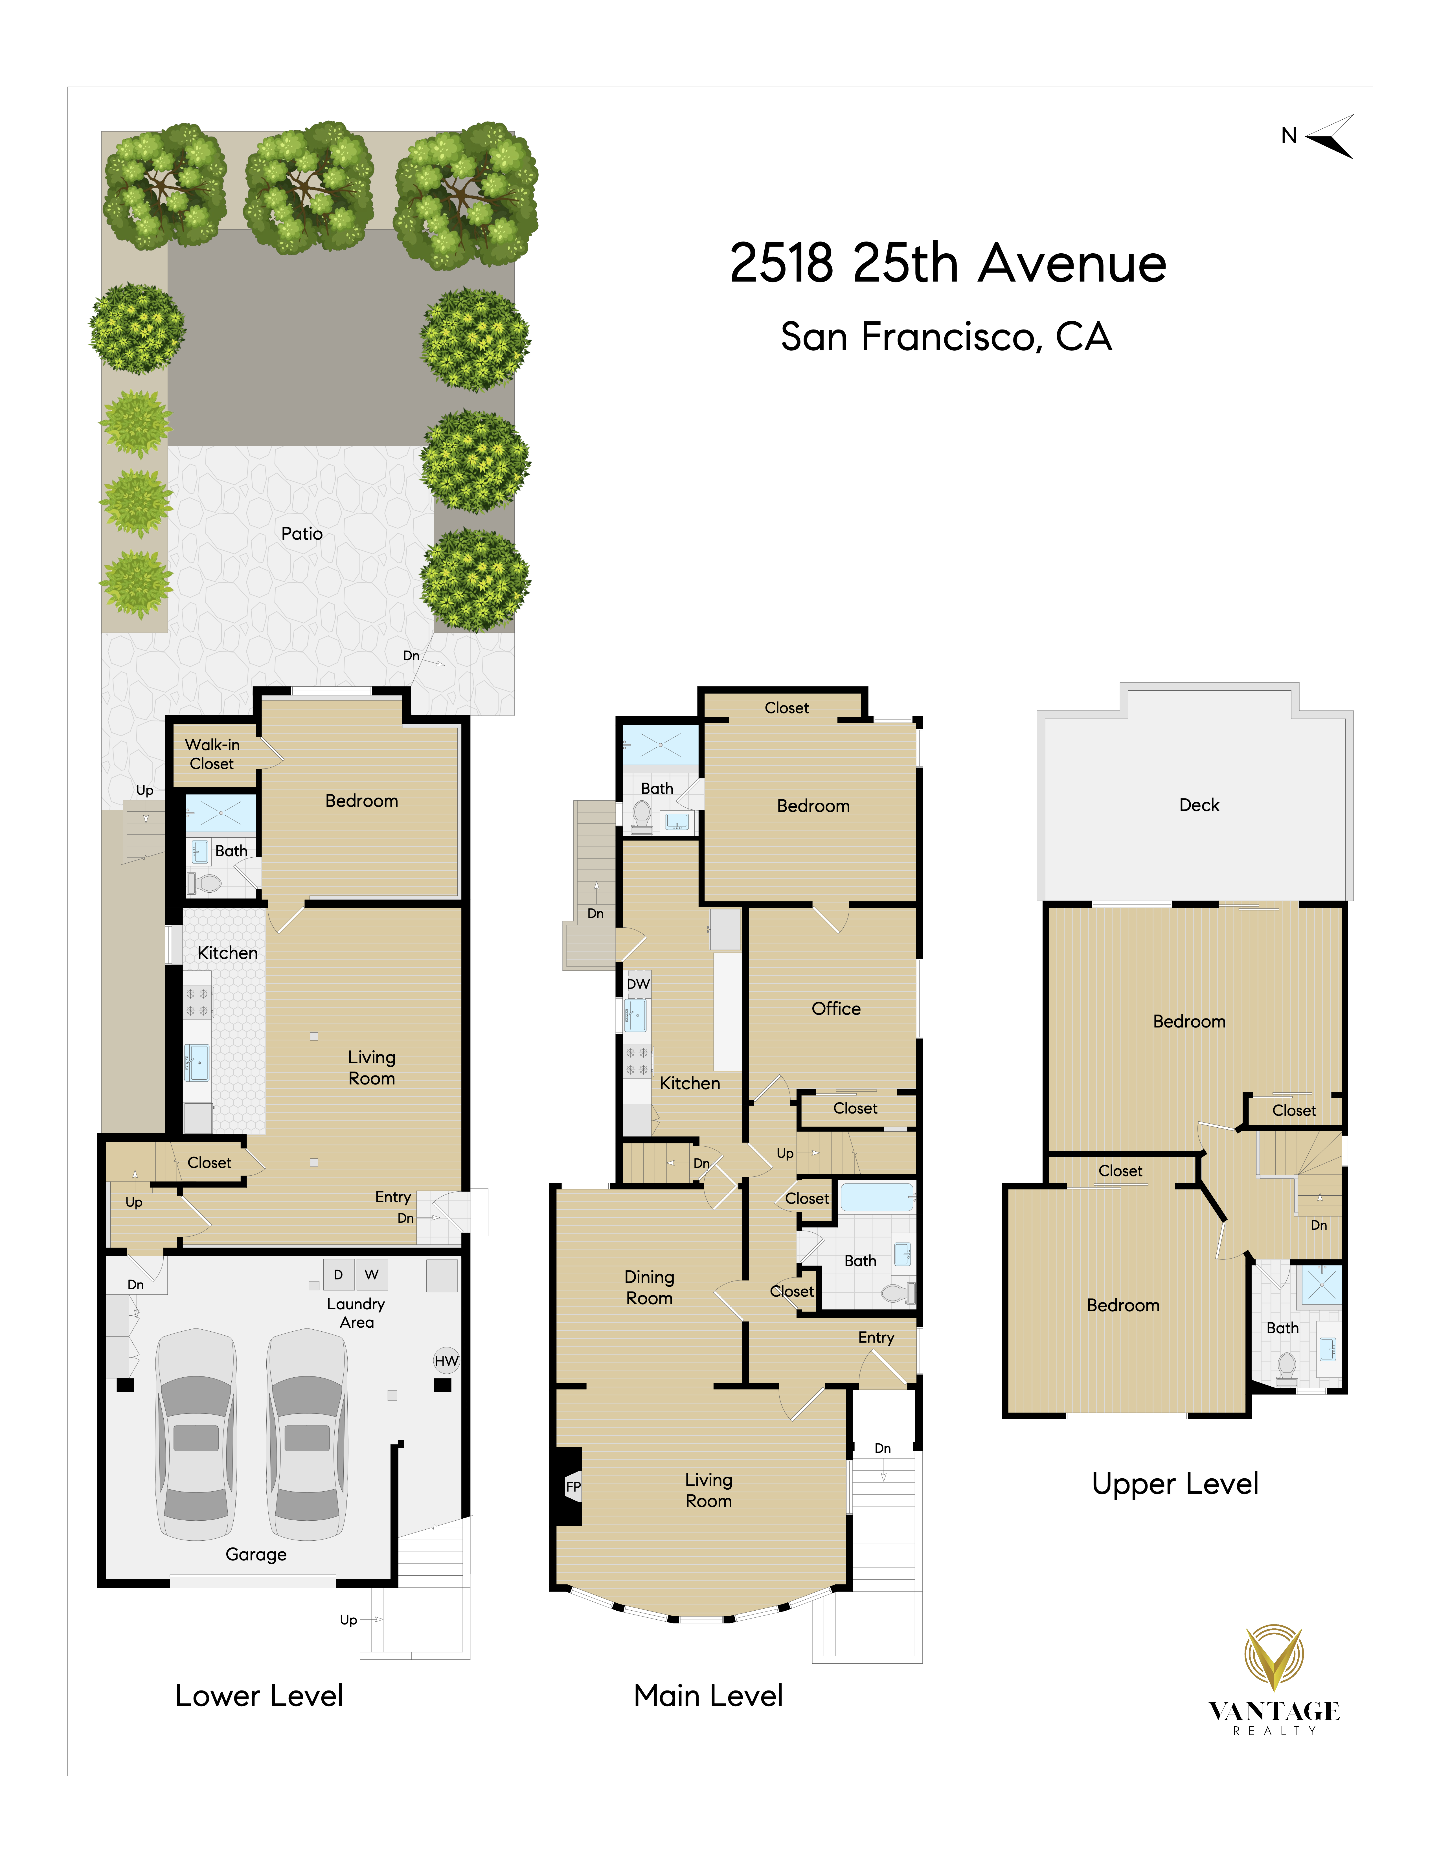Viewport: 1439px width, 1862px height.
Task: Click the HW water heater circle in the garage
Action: pos(446,1361)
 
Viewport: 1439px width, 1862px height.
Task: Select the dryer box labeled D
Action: pos(338,1275)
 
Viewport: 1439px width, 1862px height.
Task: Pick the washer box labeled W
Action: pos(372,1275)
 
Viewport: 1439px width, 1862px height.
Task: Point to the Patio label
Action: pos(302,534)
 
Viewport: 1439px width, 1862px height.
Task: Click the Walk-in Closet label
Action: pos(212,754)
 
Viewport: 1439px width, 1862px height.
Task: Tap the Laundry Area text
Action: pos(356,1313)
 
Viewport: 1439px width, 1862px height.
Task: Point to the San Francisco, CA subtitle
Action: pos(946,337)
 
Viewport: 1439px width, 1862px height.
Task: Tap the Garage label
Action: pos(256,1554)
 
